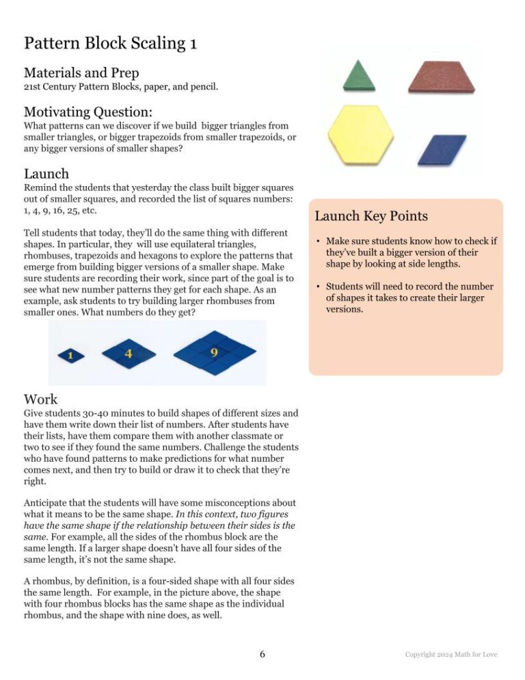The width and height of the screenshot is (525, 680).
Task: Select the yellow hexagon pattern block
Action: pos(360,135)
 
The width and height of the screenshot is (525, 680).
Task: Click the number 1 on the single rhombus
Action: pos(70,356)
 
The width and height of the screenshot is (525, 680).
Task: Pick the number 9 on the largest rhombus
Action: pos(215,352)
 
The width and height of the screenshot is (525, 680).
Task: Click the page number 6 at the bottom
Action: pos(262,654)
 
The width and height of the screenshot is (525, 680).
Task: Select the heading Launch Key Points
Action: pos(371,216)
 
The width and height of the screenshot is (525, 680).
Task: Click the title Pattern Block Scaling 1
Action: pos(111,44)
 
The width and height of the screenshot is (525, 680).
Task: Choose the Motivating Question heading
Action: pos(87,112)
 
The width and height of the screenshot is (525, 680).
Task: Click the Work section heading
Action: pos(41,399)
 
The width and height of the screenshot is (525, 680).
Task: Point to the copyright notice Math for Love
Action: pos(451,655)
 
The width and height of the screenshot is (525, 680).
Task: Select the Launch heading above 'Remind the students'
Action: pos(46,174)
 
